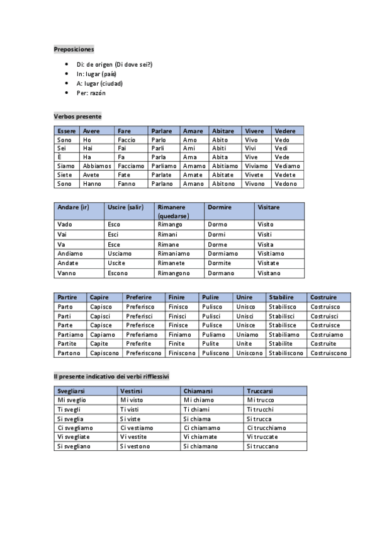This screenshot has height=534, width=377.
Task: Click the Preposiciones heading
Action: tap(74, 48)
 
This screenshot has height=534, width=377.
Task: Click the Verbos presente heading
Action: tap(77, 116)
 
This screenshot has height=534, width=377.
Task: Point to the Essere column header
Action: tap(66, 131)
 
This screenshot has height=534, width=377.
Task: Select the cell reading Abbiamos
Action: tap(97, 166)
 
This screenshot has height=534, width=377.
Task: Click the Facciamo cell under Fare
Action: tap(131, 166)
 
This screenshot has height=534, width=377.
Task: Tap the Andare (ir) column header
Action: tap(73, 207)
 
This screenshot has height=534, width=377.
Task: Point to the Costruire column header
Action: tap(324, 297)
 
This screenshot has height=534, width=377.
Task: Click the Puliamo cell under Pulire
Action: tap(214, 335)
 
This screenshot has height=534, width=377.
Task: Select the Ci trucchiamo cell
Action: tap(266, 428)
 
